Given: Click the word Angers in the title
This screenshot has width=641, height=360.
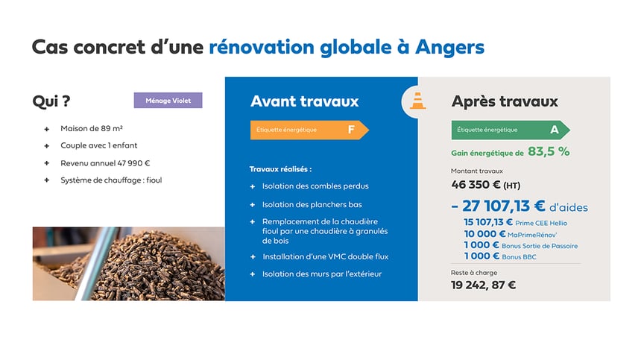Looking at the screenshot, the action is coord(449,48).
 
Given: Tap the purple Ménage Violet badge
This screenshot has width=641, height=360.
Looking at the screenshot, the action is coord(168,101).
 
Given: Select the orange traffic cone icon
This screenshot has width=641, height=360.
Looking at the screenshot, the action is coord(417,101).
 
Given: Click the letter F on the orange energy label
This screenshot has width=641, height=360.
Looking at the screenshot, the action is coord(351,130).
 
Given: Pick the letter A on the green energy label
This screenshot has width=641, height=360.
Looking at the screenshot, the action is coord(554,130).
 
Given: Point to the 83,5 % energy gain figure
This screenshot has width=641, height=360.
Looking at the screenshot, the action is coord(549,151).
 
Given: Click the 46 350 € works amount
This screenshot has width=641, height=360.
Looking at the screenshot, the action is coord(476,185).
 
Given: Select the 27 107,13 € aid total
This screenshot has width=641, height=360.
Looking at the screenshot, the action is coord(503,206).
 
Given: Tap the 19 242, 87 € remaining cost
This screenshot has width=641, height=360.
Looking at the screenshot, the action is coord(483,285).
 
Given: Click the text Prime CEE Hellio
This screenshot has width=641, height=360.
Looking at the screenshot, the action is coord(541,223).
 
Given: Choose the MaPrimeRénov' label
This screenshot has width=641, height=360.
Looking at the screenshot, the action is coord(532,235).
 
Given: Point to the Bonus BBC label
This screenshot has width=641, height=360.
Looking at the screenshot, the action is coord(519,257).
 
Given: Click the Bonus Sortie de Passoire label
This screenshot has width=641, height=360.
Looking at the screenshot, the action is coord(540,246).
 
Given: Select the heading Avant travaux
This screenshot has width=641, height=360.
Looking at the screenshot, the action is coord(305,101).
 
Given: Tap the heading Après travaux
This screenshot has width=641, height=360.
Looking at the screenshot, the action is coord(505,101).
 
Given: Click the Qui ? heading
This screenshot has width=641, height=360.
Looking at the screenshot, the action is coord(51,101).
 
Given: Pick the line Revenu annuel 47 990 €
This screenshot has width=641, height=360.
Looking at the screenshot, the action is coord(105,163).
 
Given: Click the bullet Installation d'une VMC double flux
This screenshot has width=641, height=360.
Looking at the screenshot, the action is coord(326,256).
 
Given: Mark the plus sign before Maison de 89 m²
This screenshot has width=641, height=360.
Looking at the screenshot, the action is coord(47,129).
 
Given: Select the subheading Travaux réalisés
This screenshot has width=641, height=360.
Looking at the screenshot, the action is coord(280,169).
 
